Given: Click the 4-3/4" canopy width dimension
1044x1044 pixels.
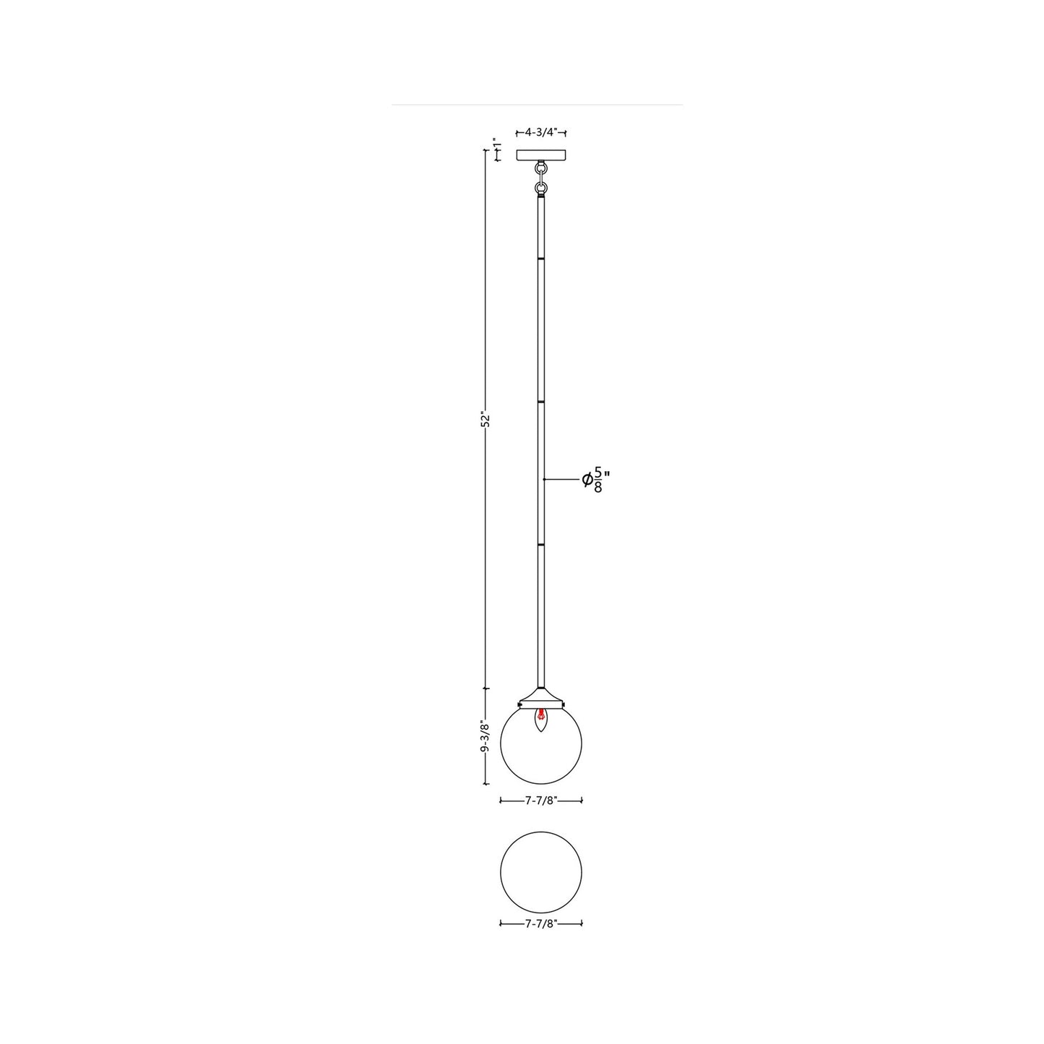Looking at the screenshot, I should (x=540, y=132).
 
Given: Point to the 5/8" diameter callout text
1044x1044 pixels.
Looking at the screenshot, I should (x=597, y=480).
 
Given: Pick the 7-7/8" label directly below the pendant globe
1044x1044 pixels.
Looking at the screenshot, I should (x=541, y=800).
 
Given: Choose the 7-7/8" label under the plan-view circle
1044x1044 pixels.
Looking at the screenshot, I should (x=541, y=923).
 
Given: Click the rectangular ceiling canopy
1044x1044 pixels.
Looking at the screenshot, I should (x=541, y=155).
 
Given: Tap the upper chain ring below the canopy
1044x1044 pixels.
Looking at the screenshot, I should (x=541, y=169).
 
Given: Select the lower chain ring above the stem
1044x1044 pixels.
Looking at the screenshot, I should (x=541, y=189).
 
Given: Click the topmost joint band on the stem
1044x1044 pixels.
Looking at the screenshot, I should (x=541, y=256).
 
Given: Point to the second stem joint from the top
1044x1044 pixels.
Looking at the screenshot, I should (x=541, y=400).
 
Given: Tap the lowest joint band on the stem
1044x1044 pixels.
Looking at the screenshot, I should (x=541, y=543).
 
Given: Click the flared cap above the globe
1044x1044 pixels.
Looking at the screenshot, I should (x=541, y=695).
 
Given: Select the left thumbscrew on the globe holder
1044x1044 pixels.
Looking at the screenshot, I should (x=519, y=704).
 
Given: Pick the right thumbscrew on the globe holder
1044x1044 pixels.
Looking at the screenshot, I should (x=564, y=704).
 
